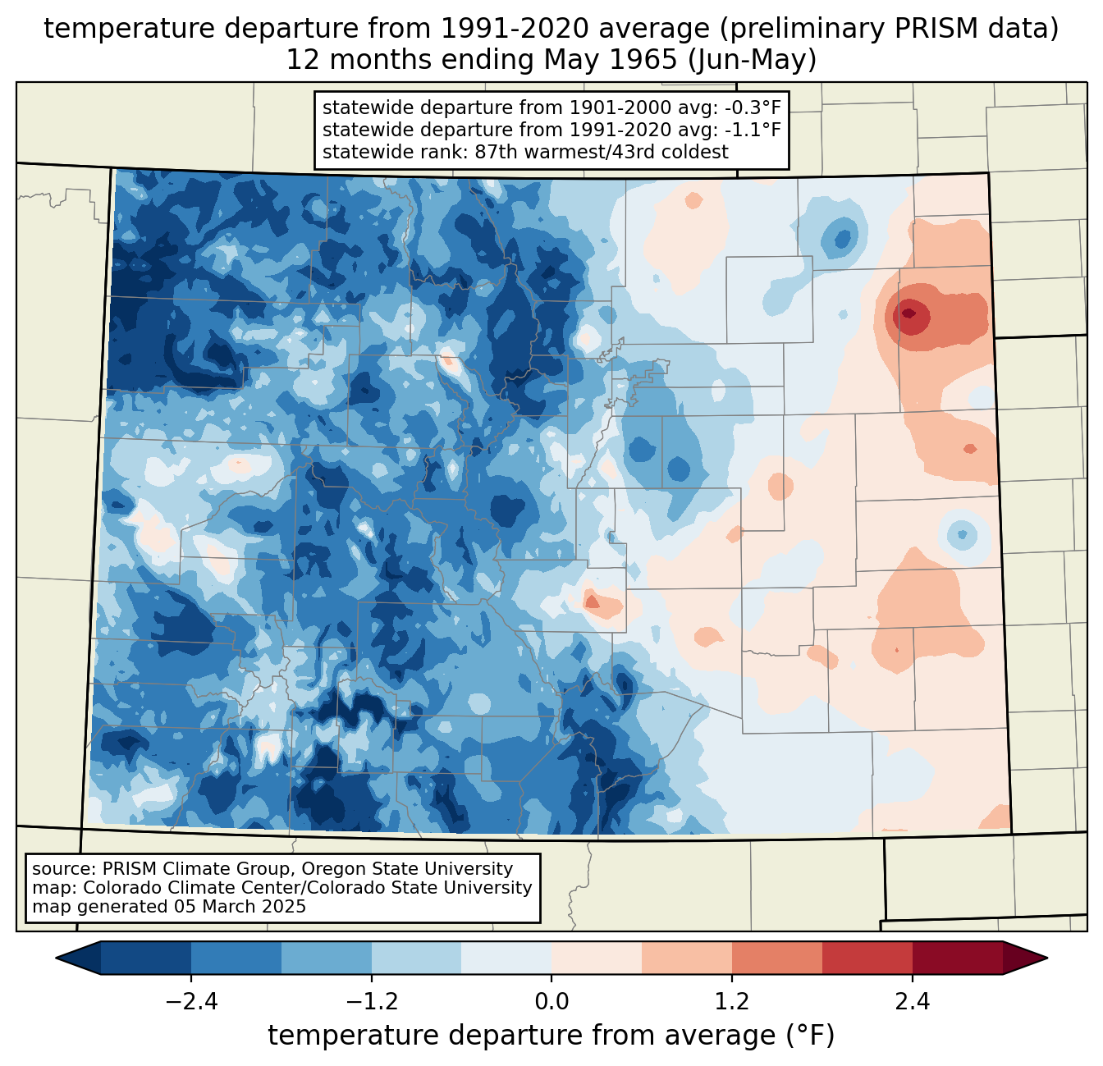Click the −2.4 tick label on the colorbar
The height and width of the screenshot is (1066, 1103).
pos(191,1002)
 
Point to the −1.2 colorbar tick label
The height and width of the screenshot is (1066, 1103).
pos(372,1002)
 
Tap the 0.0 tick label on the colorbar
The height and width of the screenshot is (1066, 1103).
pos(551,1002)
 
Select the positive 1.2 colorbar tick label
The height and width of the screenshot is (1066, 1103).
pos(732,1002)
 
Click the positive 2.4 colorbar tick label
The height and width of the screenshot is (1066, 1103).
pos(913,1002)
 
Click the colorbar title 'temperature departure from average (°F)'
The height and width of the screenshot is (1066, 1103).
pos(551,1036)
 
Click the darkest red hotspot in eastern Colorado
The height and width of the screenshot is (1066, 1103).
pos(908,313)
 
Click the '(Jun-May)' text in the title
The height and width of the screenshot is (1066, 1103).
pos(752,60)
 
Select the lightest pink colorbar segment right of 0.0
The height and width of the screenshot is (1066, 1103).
pos(597,958)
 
